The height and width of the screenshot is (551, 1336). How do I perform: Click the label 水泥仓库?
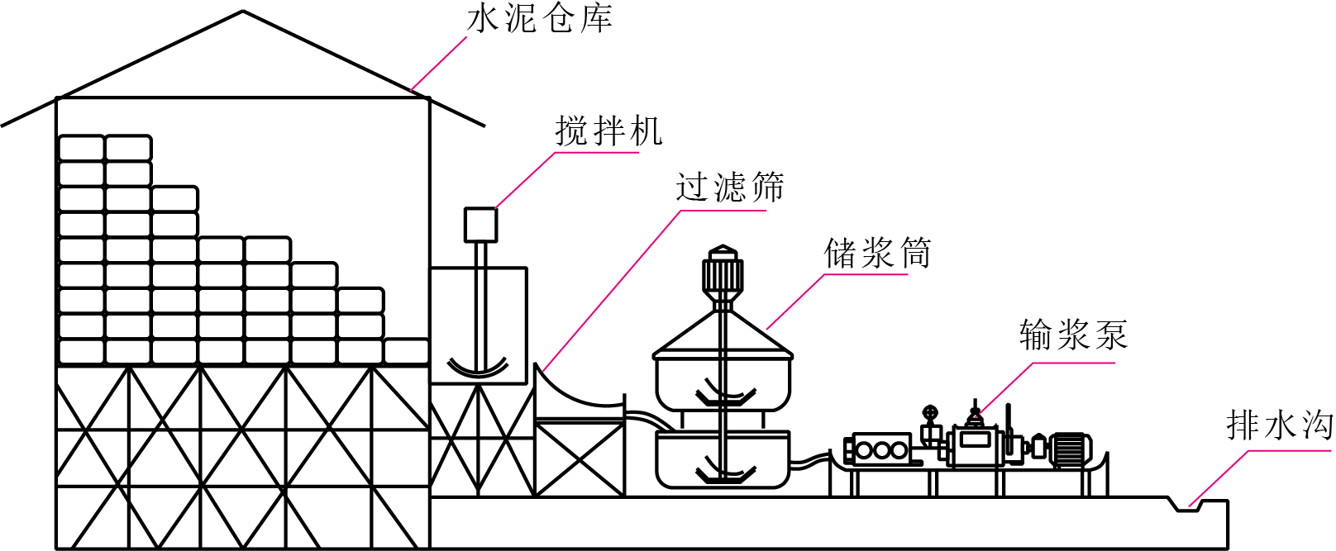click(540, 20)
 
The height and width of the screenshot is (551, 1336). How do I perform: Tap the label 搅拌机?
click(608, 131)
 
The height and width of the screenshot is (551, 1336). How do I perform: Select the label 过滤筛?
click(729, 187)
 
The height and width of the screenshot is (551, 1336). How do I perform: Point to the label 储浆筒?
click(876, 253)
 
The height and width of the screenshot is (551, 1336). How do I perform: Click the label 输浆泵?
click(1073, 335)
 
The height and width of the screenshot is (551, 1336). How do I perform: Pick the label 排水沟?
click(1279, 425)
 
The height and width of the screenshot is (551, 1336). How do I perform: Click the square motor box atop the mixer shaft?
click(480, 225)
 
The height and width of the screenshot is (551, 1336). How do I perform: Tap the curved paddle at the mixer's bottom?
click(478, 368)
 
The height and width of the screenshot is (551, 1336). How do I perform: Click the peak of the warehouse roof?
click(243, 12)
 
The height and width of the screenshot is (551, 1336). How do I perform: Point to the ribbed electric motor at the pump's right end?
click(1070, 449)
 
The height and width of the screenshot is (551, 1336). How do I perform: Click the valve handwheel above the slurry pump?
click(929, 413)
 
